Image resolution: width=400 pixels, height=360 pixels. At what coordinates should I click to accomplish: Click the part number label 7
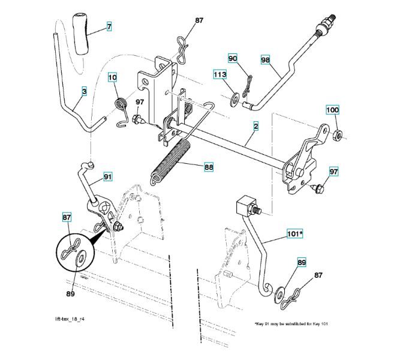pos(109,27)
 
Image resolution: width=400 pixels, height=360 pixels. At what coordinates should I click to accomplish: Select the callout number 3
pos(84,91)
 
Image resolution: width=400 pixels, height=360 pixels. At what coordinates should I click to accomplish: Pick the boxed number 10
pos(113,77)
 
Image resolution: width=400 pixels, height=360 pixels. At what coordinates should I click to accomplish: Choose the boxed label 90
pos(233,58)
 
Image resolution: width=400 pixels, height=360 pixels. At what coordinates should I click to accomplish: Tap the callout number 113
pos(220,75)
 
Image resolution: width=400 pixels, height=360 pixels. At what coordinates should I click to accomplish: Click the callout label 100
pos(332,110)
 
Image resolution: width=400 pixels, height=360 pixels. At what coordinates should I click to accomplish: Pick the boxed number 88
pos(209,167)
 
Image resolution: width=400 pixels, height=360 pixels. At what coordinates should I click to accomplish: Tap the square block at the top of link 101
pos(245,206)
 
